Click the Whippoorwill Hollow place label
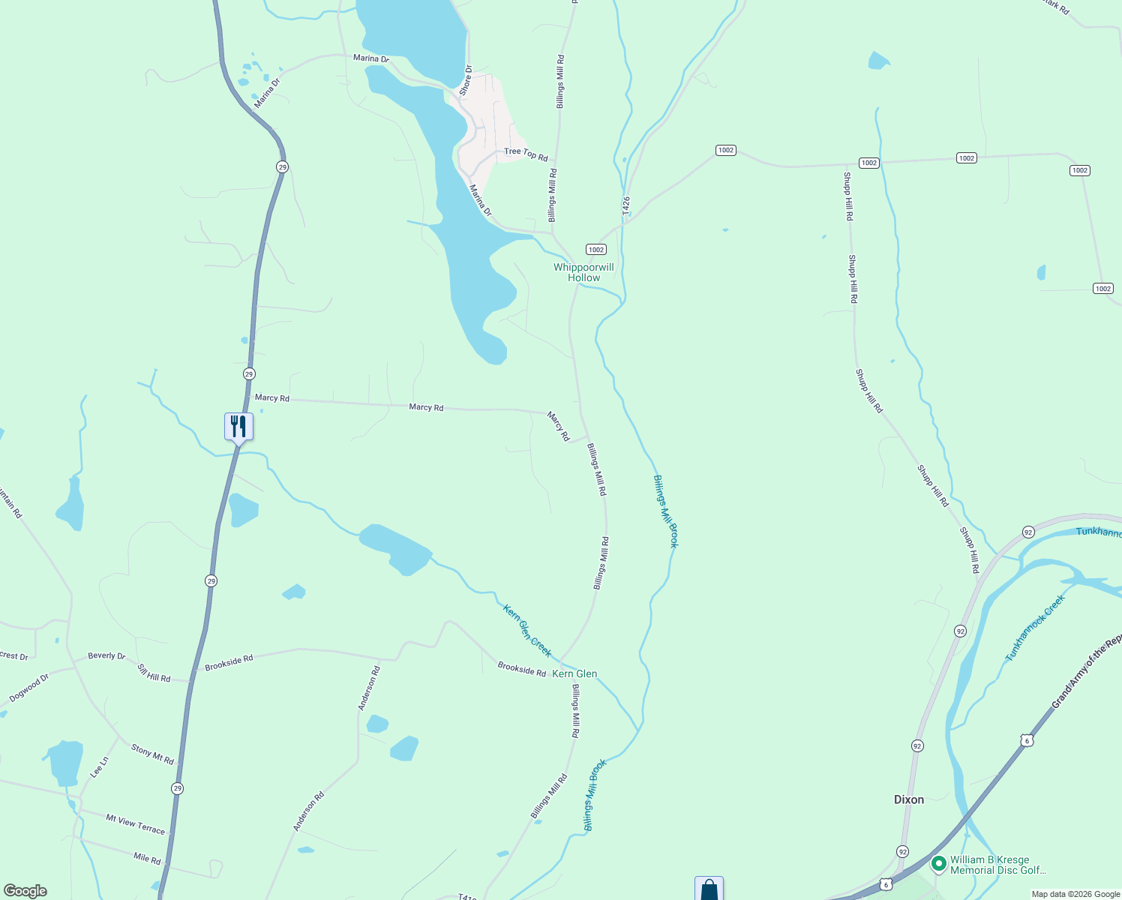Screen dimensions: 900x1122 (x=583, y=272)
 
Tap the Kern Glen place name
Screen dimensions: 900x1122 (x=574, y=673)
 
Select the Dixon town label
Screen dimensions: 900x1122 (x=909, y=799)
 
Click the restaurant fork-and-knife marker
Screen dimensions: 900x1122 (x=238, y=427)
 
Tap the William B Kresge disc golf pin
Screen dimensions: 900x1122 (x=938, y=864)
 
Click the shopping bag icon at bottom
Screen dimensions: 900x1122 (x=709, y=889)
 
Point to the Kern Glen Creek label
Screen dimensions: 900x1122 (x=527, y=631)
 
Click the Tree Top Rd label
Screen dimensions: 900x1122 (x=526, y=154)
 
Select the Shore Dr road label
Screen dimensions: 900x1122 (x=466, y=80)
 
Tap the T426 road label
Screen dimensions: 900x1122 (x=626, y=207)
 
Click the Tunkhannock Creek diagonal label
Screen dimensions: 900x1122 (x=1035, y=628)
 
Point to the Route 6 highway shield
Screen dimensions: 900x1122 (x=1027, y=740)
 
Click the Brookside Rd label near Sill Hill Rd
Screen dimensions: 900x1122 (x=229, y=663)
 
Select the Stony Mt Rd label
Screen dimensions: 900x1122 (x=152, y=754)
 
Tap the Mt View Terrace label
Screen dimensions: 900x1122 (x=135, y=824)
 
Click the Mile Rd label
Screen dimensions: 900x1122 (x=147, y=859)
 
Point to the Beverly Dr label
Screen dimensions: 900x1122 (x=106, y=655)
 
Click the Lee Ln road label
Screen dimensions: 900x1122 (x=100, y=766)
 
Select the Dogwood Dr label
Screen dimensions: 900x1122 (x=29, y=688)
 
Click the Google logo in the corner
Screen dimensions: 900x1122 (x=25, y=890)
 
